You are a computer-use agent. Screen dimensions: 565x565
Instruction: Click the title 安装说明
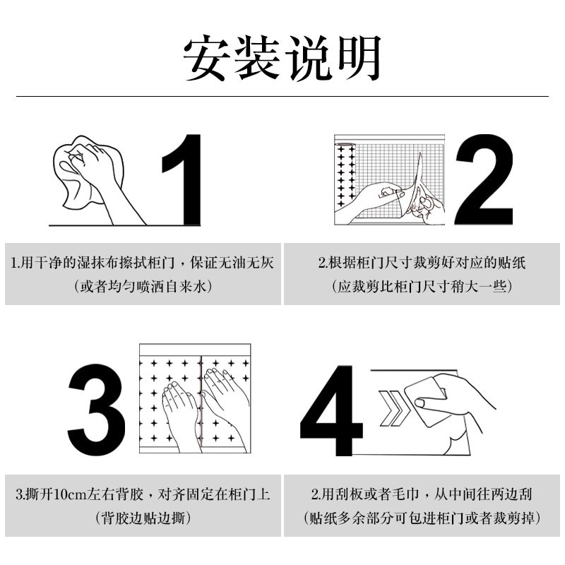pos(282,56)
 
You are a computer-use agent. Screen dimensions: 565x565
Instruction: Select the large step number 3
pos(97,411)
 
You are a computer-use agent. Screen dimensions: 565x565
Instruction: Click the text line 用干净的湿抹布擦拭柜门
pos(142,263)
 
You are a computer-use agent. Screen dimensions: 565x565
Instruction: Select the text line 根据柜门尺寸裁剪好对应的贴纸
pos(422,263)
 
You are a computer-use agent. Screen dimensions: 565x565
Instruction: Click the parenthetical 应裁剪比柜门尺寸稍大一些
pos(422,287)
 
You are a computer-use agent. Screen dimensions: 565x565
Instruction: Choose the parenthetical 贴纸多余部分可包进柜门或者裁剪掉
pos(422,518)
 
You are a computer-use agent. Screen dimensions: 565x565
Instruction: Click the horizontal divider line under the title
pos(282,96)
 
